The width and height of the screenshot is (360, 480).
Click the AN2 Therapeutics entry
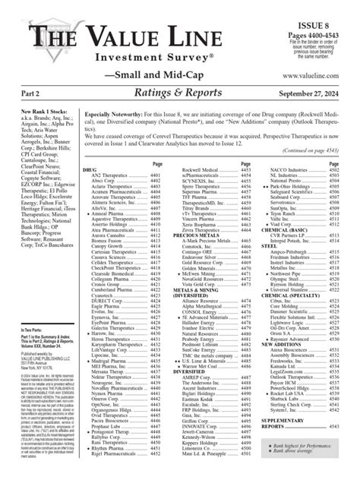(112, 196)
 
